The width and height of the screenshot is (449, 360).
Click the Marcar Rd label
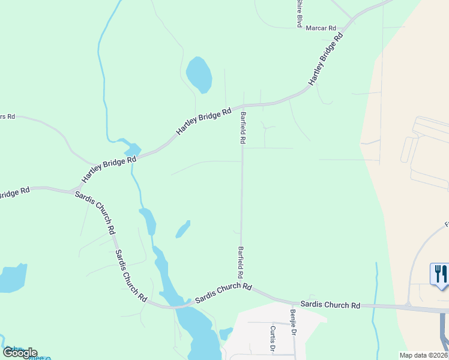[321, 28]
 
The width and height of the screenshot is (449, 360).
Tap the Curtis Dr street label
[273, 338]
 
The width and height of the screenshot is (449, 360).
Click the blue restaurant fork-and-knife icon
[440, 274]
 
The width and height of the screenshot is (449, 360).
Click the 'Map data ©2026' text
[424, 355]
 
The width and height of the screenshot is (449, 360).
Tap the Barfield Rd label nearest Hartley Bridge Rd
[243, 128]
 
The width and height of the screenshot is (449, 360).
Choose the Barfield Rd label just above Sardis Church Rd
[241, 262]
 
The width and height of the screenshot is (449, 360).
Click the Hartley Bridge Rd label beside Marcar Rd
[326, 58]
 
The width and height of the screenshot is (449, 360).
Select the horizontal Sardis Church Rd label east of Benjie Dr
[330, 305]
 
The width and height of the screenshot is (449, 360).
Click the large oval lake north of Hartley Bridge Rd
[199, 74]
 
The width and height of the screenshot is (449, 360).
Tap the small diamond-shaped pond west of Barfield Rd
[182, 229]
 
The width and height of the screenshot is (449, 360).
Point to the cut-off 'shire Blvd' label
[298, 13]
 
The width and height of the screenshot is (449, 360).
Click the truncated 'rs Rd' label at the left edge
[7, 116]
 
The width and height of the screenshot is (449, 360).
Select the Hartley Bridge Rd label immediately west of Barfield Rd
[203, 121]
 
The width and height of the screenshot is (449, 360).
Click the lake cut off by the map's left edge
[12, 278]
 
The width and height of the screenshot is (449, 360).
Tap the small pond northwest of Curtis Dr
[225, 333]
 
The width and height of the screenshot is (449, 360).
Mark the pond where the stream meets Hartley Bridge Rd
[130, 148]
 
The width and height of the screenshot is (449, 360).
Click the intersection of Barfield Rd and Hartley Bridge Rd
[243, 105]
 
